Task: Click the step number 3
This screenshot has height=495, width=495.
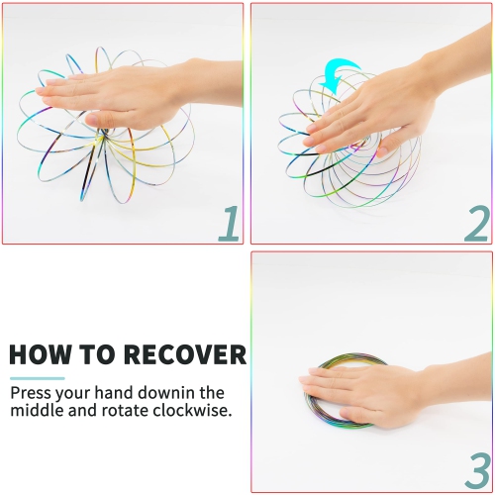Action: (476, 468)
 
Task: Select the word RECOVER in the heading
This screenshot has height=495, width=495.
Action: (185, 355)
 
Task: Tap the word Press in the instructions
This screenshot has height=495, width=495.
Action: (32, 391)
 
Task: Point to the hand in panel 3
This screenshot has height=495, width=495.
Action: (366, 391)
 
